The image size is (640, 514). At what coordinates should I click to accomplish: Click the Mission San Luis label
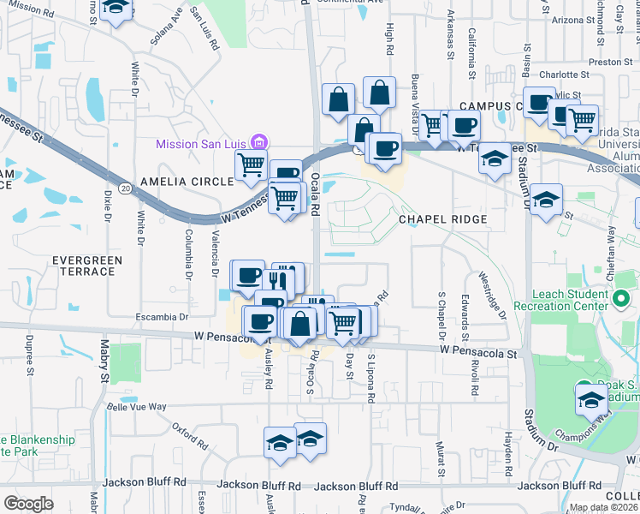pos(204,143)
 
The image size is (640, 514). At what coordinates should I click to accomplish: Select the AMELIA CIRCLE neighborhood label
pos(187,182)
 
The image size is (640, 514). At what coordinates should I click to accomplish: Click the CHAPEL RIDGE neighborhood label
pos(443,219)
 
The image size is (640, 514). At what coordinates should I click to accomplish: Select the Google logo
pos(28,504)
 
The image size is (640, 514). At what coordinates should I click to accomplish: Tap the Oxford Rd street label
pos(189,435)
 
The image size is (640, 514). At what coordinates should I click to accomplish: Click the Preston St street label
pos(610,61)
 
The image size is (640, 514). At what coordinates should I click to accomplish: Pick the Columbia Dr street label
pos(188,254)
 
